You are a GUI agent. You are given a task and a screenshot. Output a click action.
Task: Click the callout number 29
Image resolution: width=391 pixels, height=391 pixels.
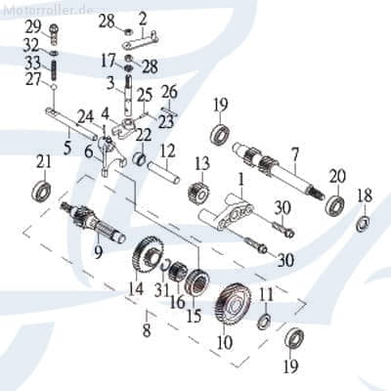tap(32, 24)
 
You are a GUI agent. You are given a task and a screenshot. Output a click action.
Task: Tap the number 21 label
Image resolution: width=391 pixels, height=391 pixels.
tap(43, 159)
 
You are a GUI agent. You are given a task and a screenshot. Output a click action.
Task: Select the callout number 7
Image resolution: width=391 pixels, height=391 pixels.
tap(294, 154)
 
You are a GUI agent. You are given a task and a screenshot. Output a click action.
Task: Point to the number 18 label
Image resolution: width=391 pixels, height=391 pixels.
tap(364, 197)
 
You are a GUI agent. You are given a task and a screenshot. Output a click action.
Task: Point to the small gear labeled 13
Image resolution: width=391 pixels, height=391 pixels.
tap(204, 189)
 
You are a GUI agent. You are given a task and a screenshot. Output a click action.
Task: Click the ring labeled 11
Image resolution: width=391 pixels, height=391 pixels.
tap(264, 322)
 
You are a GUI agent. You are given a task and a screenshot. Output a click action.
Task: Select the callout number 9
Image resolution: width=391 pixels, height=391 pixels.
tap(98, 251)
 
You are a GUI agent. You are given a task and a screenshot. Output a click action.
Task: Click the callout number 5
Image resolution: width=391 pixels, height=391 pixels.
tap(67, 148)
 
